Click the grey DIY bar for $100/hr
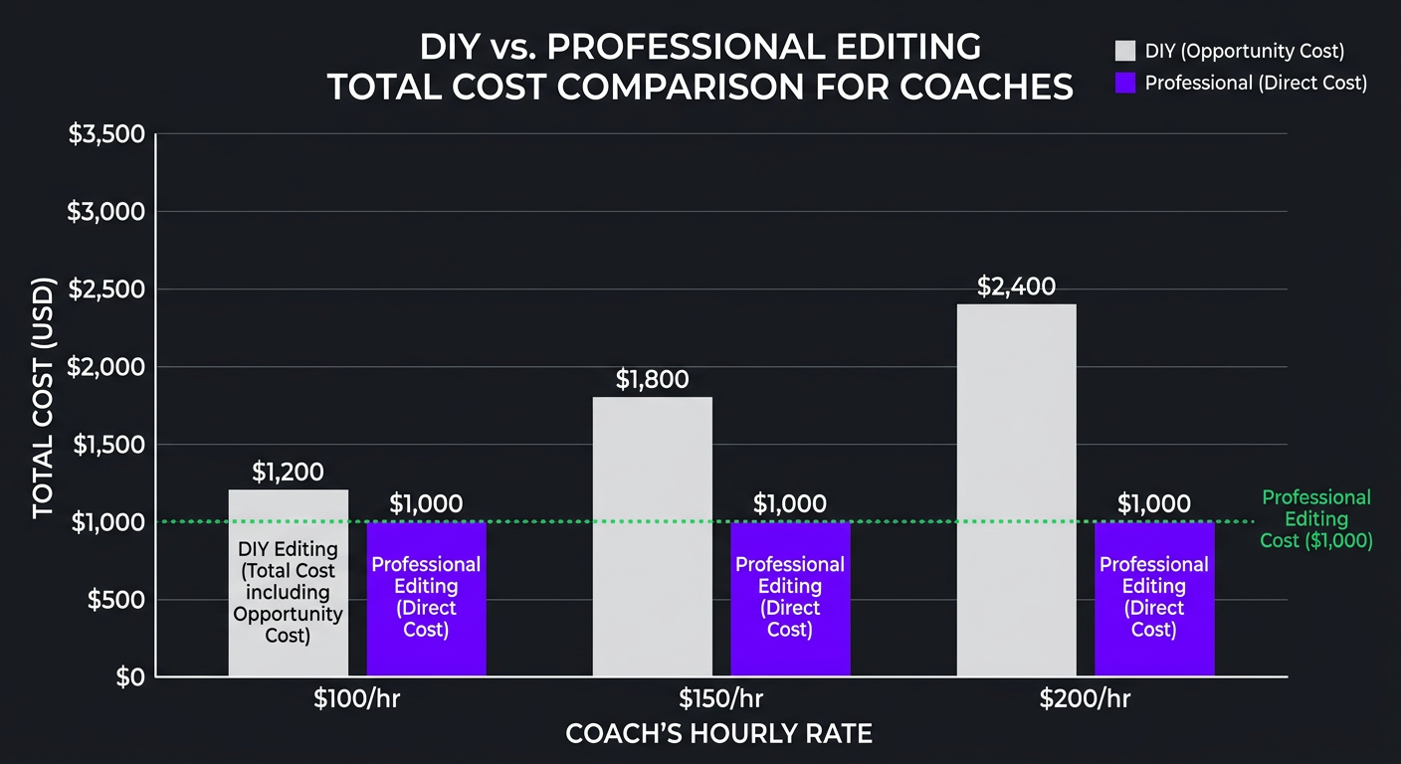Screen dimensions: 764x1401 [x=288, y=583]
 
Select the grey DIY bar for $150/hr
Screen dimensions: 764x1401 [x=652, y=537]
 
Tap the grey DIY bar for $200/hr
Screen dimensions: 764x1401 [x=1016, y=490]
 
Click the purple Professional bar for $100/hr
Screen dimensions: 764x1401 [x=426, y=599]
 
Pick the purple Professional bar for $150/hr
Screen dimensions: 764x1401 [x=790, y=599]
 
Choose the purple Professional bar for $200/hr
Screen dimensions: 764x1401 [x=1154, y=599]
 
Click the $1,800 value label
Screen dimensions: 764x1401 [x=652, y=379]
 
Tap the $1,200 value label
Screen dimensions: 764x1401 [x=288, y=472]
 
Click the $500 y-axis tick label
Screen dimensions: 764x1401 [x=116, y=599]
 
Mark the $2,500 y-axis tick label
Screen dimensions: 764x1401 [x=106, y=288]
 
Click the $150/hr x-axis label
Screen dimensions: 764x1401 [x=721, y=698]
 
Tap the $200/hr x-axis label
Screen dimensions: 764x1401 [x=1085, y=698]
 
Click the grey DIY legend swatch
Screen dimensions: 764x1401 [x=1125, y=51]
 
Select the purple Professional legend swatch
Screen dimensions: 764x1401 [x=1125, y=83]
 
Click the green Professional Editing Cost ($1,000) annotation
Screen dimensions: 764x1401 [x=1316, y=519]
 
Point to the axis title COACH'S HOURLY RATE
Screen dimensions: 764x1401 [x=718, y=734]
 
